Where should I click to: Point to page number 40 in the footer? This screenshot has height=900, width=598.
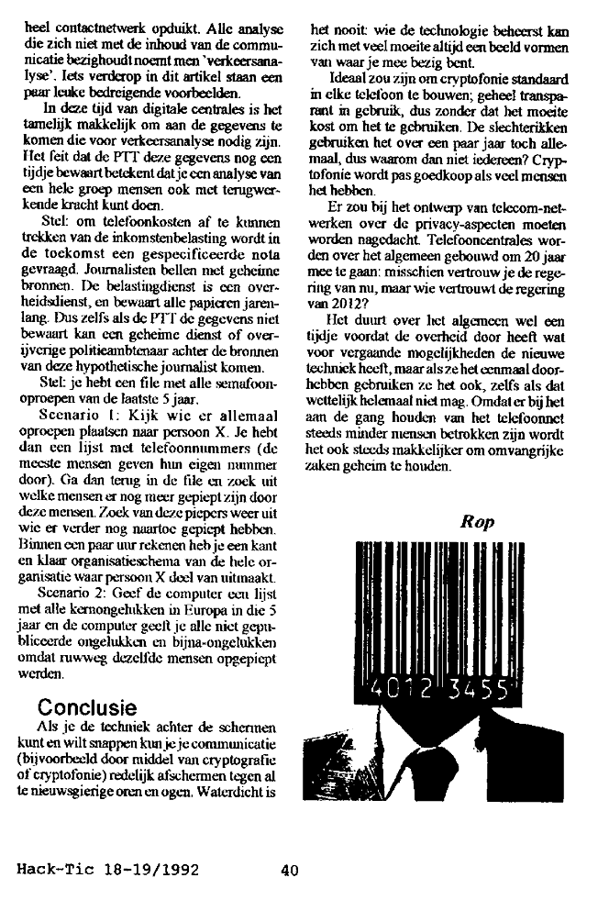pyautogui.click(x=292, y=872)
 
